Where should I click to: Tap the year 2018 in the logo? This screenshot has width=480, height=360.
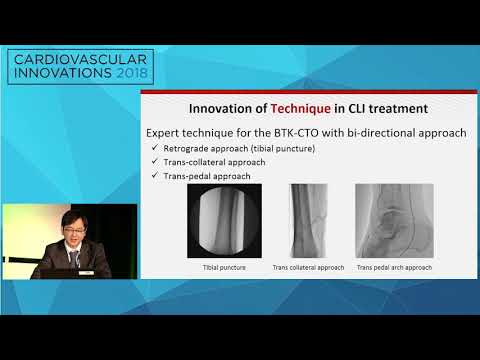pos(154,76)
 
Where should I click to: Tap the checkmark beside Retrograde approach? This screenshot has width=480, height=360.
pos(152,149)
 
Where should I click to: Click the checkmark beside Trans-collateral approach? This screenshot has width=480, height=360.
pos(152,163)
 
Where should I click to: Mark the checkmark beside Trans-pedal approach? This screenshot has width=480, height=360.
pos(152,177)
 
